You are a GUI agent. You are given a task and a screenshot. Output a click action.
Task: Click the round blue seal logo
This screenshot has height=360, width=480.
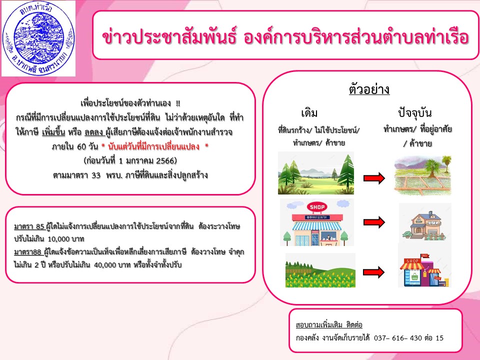38,38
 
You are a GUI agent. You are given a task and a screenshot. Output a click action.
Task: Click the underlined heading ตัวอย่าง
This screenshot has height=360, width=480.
369,89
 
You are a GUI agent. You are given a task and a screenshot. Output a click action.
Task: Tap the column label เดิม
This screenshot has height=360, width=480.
309,113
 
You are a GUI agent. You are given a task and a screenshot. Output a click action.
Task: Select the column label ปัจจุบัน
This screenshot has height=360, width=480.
415,112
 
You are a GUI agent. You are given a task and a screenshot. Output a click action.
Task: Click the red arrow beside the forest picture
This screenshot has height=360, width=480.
374,178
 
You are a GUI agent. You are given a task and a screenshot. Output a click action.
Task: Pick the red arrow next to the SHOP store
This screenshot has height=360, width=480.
374,222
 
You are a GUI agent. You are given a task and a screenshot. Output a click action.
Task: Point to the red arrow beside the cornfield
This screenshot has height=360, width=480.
374,272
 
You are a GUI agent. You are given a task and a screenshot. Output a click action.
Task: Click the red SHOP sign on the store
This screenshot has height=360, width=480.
317,207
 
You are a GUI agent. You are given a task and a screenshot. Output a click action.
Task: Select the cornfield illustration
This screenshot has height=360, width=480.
320,270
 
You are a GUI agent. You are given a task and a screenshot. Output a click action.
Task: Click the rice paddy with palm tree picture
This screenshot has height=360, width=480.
422,175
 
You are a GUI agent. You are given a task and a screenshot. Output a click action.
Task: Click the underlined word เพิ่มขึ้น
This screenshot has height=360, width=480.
53,132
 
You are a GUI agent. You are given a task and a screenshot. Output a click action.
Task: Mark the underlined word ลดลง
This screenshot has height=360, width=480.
94,132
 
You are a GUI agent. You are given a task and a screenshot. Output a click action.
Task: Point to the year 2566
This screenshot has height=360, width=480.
165,160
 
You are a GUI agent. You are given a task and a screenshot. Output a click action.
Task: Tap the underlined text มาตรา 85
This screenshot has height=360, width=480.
29,226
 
